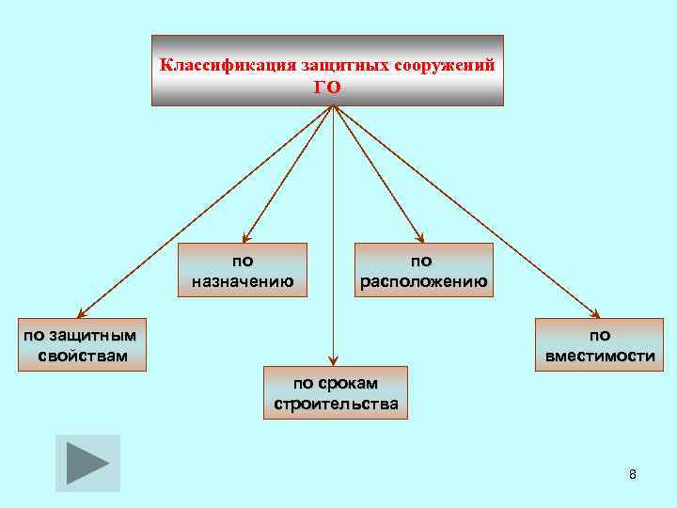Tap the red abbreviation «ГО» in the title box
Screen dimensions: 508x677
[327, 87]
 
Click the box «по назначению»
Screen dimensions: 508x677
[243, 270]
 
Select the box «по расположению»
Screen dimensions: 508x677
[423, 270]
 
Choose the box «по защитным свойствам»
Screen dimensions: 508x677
[81, 344]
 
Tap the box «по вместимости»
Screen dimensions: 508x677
[600, 344]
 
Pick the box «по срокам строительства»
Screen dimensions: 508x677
[336, 392]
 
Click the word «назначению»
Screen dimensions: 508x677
[243, 280]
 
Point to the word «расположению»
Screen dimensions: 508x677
[423, 280]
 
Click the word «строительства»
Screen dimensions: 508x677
[336, 405]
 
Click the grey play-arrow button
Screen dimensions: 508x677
[87, 463]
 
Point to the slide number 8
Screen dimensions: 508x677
[632, 474]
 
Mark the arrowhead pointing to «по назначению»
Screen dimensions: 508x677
[245, 239]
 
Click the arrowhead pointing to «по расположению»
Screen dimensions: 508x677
[420, 239]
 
